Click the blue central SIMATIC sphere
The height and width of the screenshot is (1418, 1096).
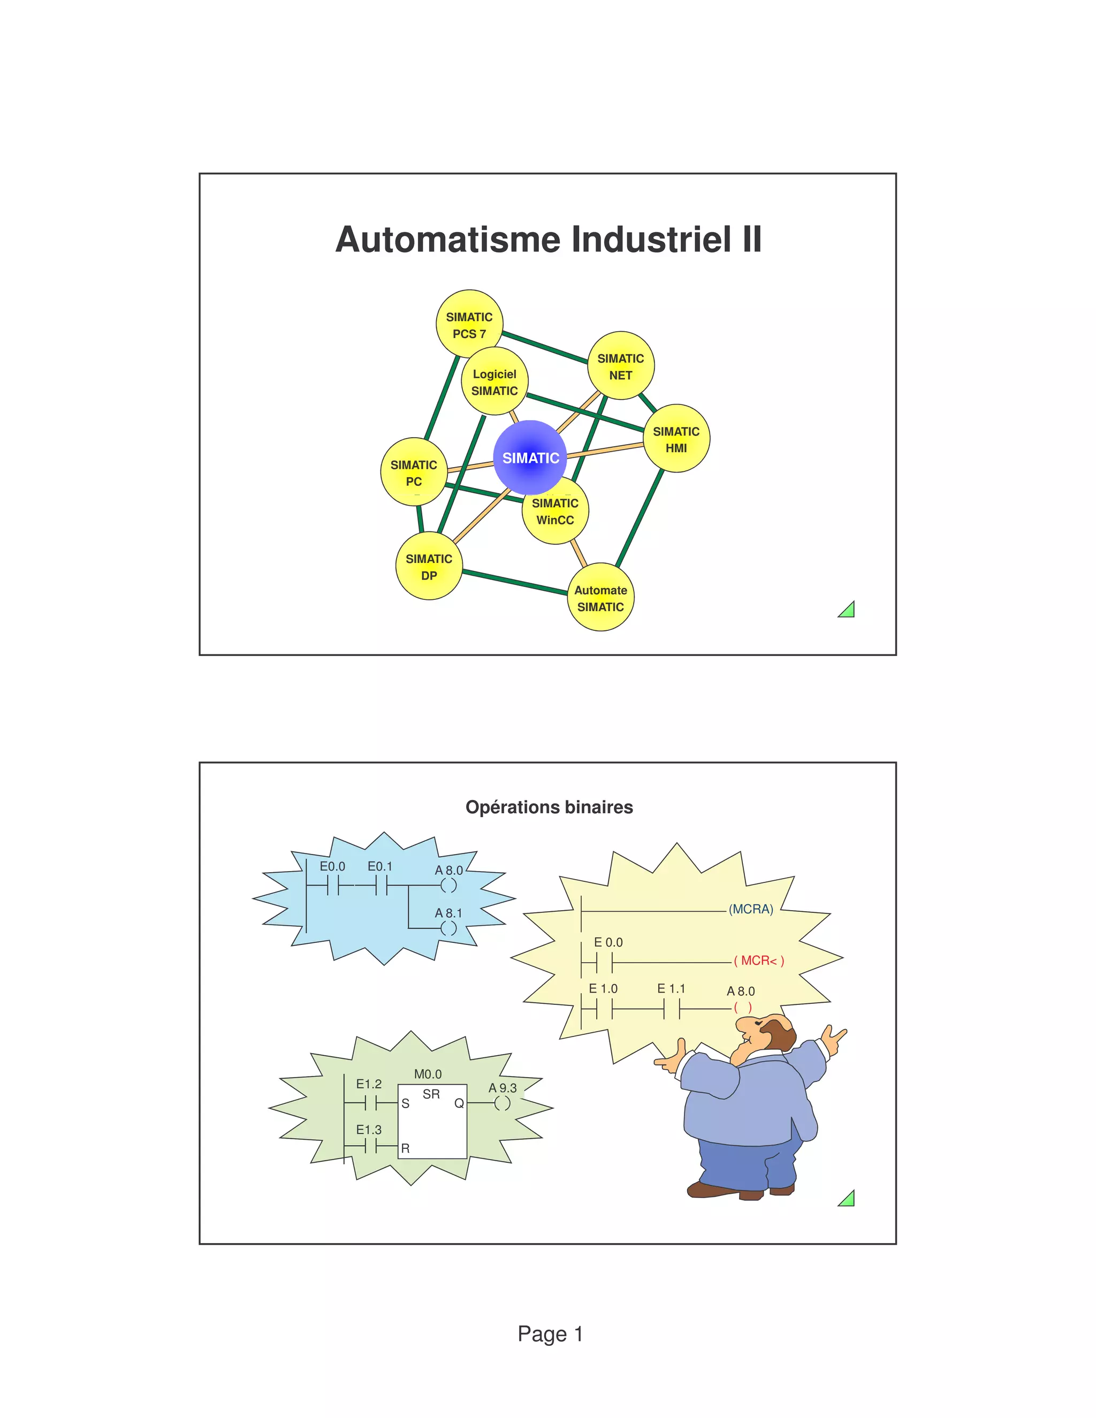point(530,457)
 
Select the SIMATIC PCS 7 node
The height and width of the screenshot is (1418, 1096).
point(469,323)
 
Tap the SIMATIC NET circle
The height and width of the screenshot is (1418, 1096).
point(620,365)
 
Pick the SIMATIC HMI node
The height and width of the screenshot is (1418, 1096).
point(676,438)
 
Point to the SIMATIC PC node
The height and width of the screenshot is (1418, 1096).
point(414,472)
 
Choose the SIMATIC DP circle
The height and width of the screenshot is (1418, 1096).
point(429,566)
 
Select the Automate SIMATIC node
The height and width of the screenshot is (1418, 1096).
point(600,597)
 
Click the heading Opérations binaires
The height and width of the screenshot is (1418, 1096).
point(549,807)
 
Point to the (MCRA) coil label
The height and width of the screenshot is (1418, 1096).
point(751,909)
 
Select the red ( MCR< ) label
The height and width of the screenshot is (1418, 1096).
point(758,960)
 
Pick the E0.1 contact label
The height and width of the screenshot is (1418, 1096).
point(380,866)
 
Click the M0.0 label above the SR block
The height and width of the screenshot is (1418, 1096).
point(428,1074)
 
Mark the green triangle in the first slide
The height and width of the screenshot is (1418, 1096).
point(847,609)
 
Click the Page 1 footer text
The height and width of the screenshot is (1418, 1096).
point(549,1333)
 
